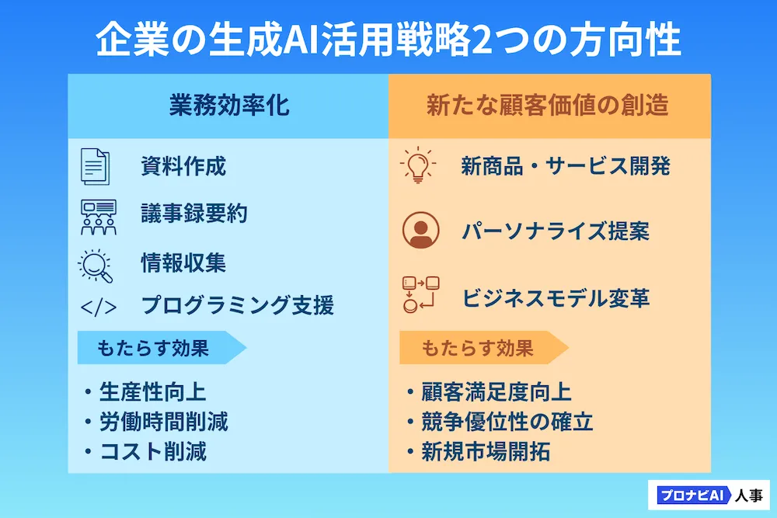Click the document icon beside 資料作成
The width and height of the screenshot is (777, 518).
(95, 166)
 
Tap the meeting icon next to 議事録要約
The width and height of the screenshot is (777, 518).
(98, 217)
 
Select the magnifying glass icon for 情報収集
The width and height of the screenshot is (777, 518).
(96, 266)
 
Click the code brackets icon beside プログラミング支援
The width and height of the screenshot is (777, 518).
(98, 307)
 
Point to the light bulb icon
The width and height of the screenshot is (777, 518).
(418, 165)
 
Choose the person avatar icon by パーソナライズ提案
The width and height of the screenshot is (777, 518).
(420, 231)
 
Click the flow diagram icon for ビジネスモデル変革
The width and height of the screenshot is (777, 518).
(420, 294)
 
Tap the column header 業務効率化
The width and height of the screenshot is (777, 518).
(229, 105)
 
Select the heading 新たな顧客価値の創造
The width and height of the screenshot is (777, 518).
(548, 105)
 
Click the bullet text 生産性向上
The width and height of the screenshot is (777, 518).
(152, 391)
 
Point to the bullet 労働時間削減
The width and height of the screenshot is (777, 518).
(163, 422)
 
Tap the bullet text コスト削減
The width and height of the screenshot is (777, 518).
(152, 452)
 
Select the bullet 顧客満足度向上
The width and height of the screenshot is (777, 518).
(497, 391)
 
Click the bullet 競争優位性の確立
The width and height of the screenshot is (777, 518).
(507, 422)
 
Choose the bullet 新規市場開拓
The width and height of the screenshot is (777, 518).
(486, 452)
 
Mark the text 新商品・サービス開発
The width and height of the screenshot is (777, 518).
(566, 166)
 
